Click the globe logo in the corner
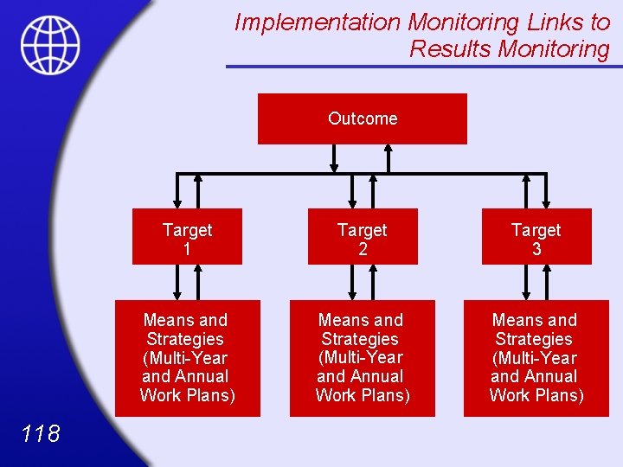tap(50, 44)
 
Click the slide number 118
tap(41, 433)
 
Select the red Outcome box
tap(362, 118)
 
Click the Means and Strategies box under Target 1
tap(187, 358)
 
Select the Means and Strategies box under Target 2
tap(362, 358)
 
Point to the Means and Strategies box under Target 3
tap(536, 358)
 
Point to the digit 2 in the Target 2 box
tap(363, 249)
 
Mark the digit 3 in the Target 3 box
tap(536, 249)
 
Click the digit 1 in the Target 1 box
tap(187, 249)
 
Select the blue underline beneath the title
tap(424, 66)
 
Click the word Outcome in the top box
tap(363, 118)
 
